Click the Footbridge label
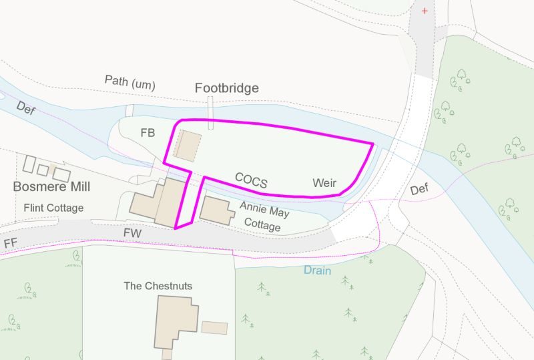click(226, 88)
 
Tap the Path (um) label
click(129, 82)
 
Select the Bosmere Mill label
click(51, 187)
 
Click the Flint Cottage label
click(53, 208)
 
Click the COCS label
click(251, 180)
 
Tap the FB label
click(148, 133)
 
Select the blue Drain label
click(317, 271)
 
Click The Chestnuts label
click(158, 286)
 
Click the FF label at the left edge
click(9, 242)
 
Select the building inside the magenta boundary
click(188, 145)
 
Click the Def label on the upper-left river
click(25, 108)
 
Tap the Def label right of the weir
click(419, 190)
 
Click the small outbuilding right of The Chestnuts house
click(214, 328)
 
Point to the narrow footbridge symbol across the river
click(211, 112)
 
